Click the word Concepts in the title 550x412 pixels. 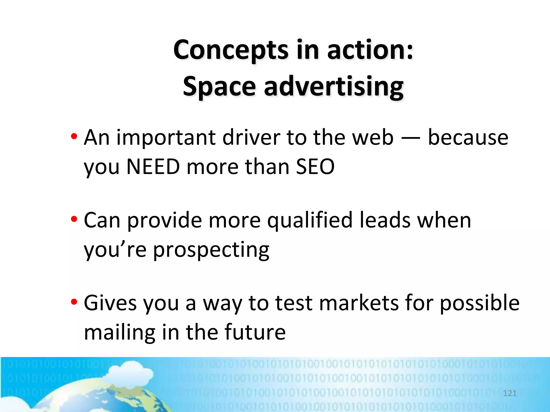231,50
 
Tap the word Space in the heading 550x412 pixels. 219,87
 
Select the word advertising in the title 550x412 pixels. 334,87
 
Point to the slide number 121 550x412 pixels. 510,393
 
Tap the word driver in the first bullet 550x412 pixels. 251,138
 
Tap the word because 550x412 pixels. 468,138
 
